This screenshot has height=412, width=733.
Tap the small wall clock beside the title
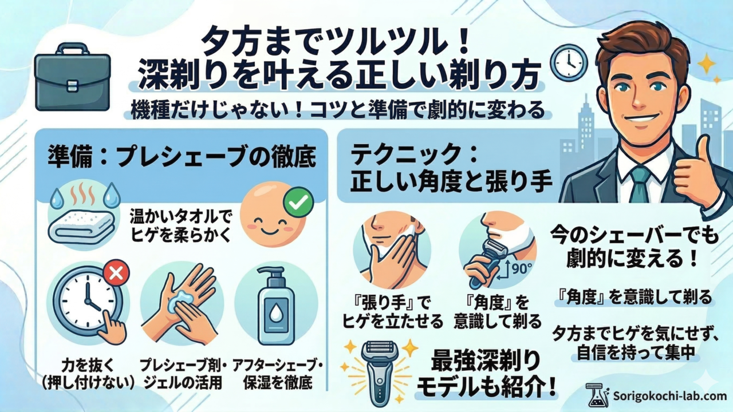click(x=569, y=62)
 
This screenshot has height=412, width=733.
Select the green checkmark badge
click(x=298, y=203)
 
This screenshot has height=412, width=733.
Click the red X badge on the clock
click(x=116, y=274)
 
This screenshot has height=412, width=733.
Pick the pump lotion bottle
click(x=276, y=306)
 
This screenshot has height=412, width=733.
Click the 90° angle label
click(x=521, y=269)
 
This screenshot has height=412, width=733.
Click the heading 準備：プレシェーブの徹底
click(x=182, y=157)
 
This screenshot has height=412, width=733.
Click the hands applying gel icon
click(x=181, y=304)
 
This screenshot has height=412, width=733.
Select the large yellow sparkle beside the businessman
click(x=707, y=63)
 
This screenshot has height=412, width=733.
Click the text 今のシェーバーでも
click(x=634, y=236)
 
